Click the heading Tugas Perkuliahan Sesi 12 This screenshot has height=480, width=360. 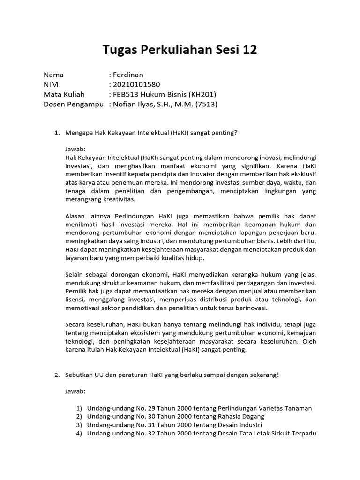tap(180, 50)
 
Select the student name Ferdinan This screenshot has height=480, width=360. tap(128, 75)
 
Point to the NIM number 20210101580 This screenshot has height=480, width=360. tap(136, 85)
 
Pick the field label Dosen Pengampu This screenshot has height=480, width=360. tap(74, 105)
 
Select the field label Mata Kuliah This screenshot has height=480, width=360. tap(64, 95)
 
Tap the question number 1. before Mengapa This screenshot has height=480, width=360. tap(57, 133)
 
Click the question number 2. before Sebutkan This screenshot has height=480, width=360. tap(57, 375)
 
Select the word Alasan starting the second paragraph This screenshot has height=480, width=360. tap(76, 216)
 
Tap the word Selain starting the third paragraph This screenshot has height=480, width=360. tap(75, 274)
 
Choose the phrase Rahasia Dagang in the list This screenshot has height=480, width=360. tap(241, 416)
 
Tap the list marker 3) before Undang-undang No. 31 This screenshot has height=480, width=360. tap(79, 425)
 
